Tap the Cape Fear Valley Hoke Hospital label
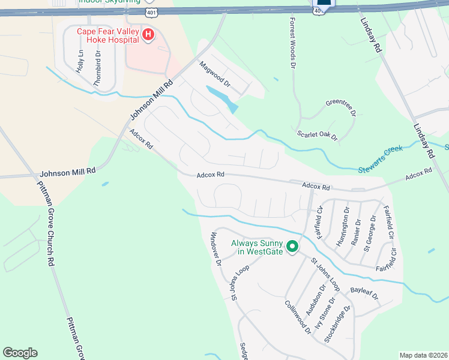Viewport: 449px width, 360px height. point(107,36)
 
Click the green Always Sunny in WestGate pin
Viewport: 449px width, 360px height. point(292,247)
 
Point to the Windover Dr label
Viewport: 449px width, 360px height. point(214,248)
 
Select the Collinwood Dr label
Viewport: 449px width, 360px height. point(298,316)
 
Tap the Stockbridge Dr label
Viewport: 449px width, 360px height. point(337,324)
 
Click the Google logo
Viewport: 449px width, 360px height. point(20,353)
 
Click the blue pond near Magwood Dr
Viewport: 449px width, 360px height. point(221,98)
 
